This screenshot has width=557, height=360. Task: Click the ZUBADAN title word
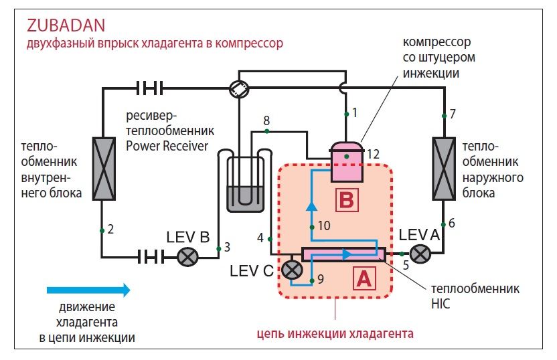pyautogui.click(x=66, y=25)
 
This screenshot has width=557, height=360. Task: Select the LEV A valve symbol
pyautogui.click(x=420, y=254)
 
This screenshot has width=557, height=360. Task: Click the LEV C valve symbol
pyautogui.click(x=291, y=270)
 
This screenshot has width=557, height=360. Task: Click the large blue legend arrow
pyautogui.click(x=88, y=290)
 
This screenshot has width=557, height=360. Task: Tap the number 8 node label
pyautogui.click(x=266, y=121)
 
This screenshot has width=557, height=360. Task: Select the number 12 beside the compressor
pyautogui.click(x=373, y=155)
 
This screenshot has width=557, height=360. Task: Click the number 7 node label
pyautogui.click(x=453, y=114)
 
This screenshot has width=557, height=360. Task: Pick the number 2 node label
pyautogui.click(x=111, y=230)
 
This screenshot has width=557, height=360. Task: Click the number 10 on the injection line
pyautogui.click(x=324, y=226)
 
